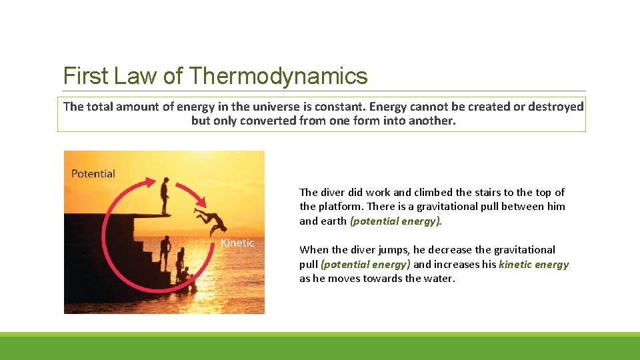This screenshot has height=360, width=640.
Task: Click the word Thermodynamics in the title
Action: click(278, 76)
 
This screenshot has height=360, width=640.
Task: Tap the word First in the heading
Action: click(85, 76)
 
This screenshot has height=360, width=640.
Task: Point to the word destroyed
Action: click(555, 107)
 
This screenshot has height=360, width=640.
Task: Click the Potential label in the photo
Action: click(93, 173)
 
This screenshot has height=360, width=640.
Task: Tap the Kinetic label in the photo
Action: click(237, 243)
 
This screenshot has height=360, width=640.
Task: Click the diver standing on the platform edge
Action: click(165, 195)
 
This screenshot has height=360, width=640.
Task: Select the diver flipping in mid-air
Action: click(209, 218)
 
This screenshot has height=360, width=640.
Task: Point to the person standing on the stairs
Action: click(165, 253)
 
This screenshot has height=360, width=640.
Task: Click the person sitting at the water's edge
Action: click(185, 275)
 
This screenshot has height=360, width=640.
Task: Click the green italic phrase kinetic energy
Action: click(533, 264)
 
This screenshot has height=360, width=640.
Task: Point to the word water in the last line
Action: click(439, 278)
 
